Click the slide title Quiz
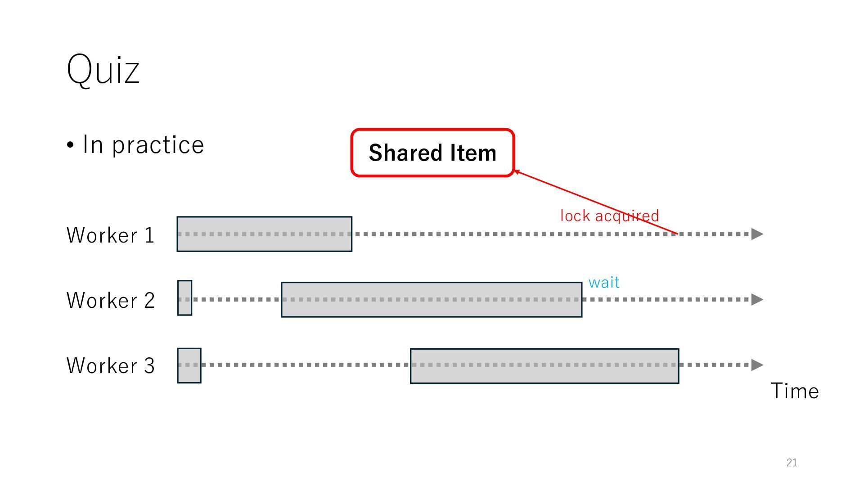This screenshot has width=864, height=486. [103, 69]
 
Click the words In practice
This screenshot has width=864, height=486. [143, 145]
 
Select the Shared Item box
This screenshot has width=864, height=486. [432, 153]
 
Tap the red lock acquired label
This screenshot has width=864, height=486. [609, 216]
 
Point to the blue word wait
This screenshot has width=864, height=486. [604, 283]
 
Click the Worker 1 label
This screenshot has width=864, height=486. [110, 235]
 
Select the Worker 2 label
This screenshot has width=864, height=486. [110, 300]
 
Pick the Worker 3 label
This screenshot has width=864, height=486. [110, 365]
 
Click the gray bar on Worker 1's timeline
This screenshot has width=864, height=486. [264, 234]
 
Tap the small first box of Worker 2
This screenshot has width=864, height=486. [184, 298]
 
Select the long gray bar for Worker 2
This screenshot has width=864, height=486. [431, 300]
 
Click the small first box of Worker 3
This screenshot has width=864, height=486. [189, 365]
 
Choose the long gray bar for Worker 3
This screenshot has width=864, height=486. [544, 366]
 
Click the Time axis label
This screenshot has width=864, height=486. [794, 391]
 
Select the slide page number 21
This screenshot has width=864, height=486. [792, 463]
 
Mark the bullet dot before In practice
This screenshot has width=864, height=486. [70, 145]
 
